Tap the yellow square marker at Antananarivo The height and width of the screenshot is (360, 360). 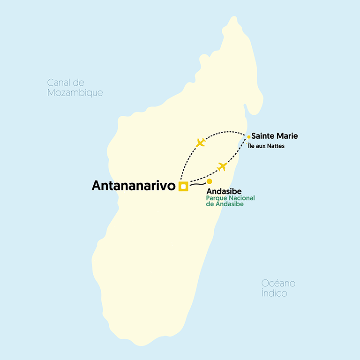tap(184, 187)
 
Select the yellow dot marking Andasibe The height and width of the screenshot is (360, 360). tap(210, 181)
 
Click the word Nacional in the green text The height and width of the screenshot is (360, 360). tap(242, 198)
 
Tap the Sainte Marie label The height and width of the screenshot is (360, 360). tap(274, 136)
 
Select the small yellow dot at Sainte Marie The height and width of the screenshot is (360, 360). tap(248, 137)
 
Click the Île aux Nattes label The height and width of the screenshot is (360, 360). tap(266, 146)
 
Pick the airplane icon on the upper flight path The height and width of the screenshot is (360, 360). tap(201, 142)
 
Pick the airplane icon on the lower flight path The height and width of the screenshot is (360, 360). tap(222, 166)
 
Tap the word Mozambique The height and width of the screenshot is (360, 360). tap(75, 93)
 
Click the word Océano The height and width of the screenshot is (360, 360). tap(278, 284)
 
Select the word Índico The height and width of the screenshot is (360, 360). tap(274, 293)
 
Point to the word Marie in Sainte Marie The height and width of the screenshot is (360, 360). tap(287, 136)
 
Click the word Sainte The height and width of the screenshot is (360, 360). tap(263, 136)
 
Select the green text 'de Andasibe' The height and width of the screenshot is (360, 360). tap(225, 204)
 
